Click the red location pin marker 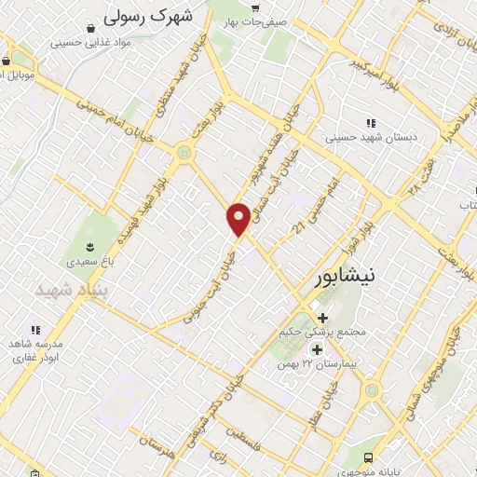click(x=238, y=218)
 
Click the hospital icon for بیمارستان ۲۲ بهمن click(x=316, y=350)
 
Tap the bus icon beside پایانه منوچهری click(x=369, y=457)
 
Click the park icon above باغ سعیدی click(x=89, y=246)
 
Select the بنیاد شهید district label click(x=66, y=291)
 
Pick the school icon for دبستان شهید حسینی click(x=371, y=123)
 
